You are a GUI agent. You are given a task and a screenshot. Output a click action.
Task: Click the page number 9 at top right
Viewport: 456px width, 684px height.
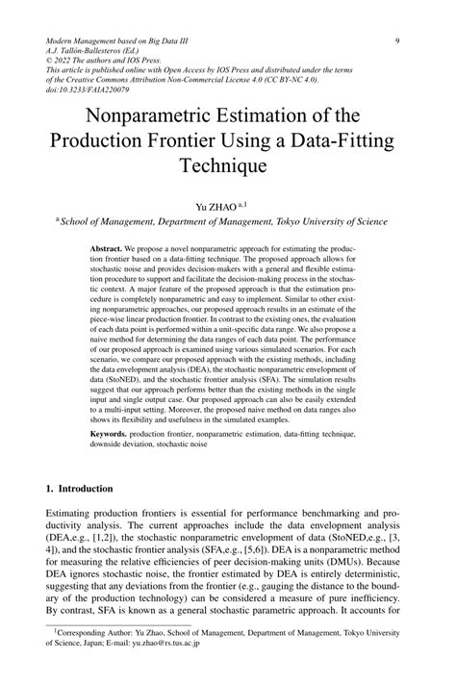396,40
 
